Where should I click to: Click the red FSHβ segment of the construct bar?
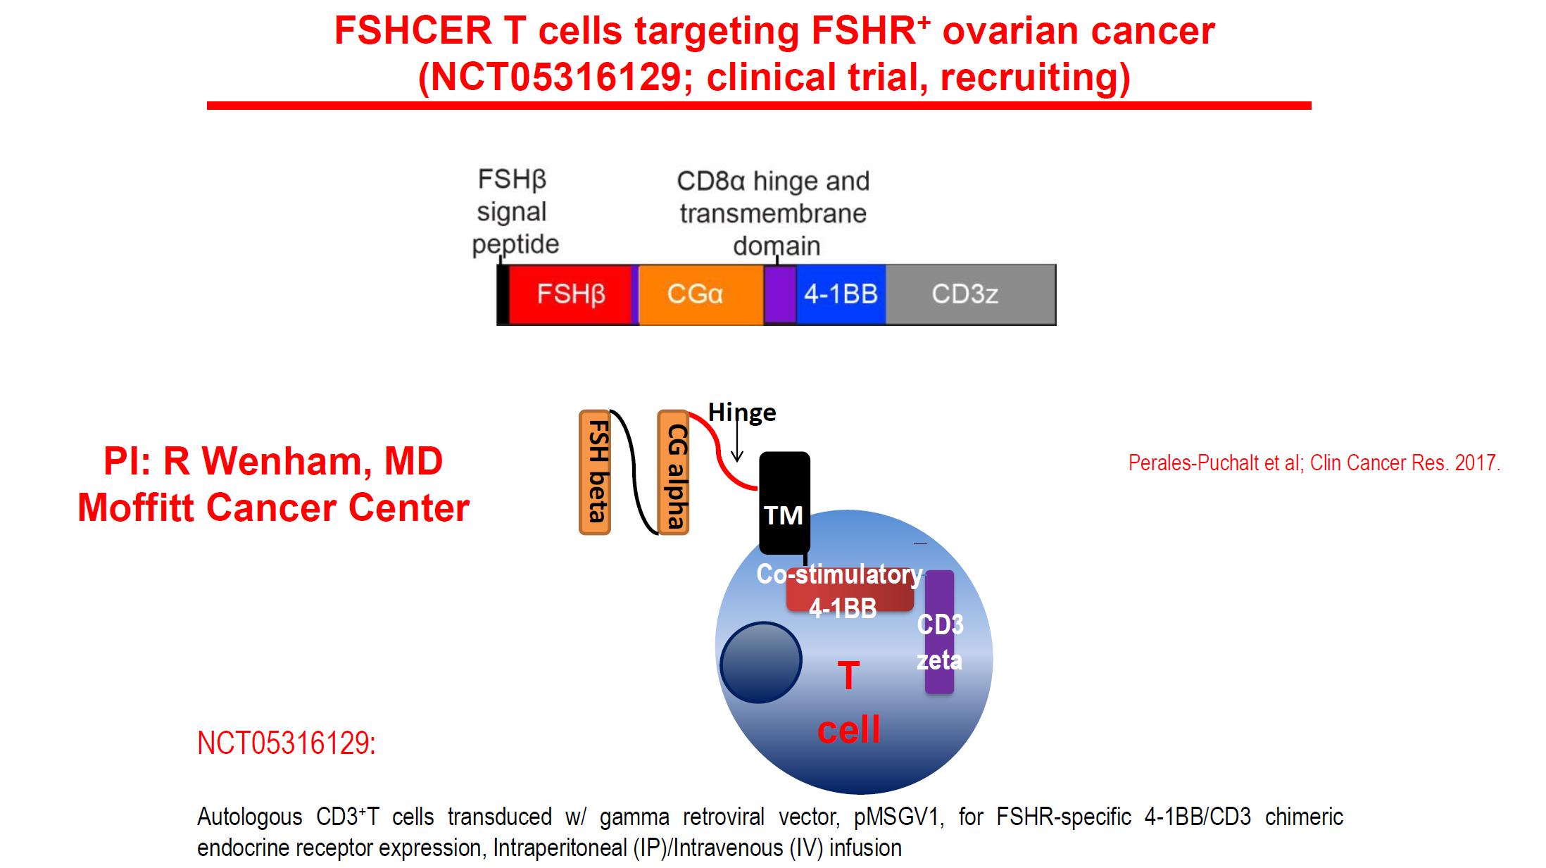click(570, 294)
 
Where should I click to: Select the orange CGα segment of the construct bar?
click(700, 294)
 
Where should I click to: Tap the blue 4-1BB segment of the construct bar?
click(841, 294)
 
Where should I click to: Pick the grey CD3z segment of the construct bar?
click(970, 294)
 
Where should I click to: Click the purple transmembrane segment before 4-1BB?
click(780, 294)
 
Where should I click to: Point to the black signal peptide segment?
click(503, 294)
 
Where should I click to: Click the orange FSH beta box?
click(595, 472)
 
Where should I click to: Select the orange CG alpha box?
click(673, 472)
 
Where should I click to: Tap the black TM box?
click(784, 503)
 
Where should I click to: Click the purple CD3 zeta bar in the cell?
click(939, 631)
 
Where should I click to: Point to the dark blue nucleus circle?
click(761, 662)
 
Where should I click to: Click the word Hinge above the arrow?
click(742, 412)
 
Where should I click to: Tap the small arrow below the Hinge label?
click(736, 443)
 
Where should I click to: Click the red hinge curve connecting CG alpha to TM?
click(719, 451)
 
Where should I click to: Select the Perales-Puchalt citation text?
click(1314, 463)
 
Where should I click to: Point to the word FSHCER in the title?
click(413, 31)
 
